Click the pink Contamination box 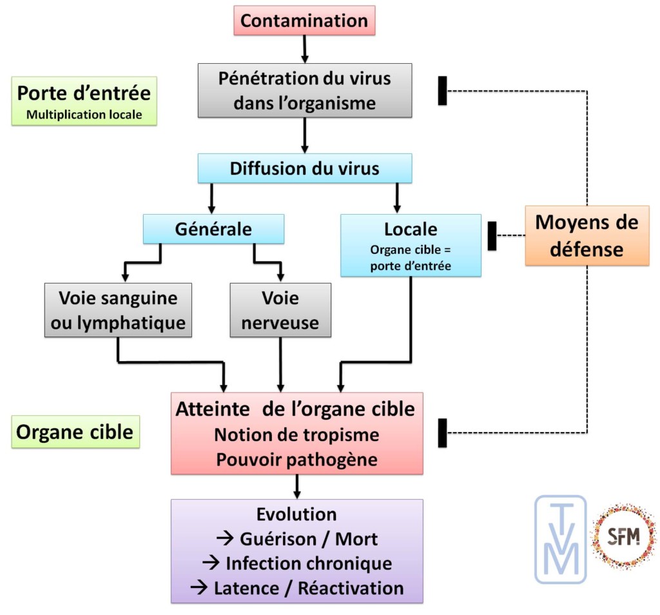tap(304, 20)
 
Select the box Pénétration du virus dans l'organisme tap(304, 90)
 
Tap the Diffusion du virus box tap(304, 169)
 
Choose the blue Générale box tap(213, 229)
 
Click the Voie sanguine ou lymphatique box tap(117, 309)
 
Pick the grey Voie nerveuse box tap(280, 309)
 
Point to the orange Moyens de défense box tap(587, 235)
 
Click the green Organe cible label tap(75, 431)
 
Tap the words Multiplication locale tap(84, 116)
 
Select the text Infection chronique tap(297, 563)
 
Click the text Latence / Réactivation tap(297, 588)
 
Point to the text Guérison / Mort tap(297, 538)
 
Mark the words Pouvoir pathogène tap(297, 460)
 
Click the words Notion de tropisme tap(297, 434)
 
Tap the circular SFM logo tap(623, 537)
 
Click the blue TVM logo tap(560, 539)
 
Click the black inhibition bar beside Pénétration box tap(442, 90)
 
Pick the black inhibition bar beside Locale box tap(492, 235)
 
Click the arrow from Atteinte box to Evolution tap(297, 487)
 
